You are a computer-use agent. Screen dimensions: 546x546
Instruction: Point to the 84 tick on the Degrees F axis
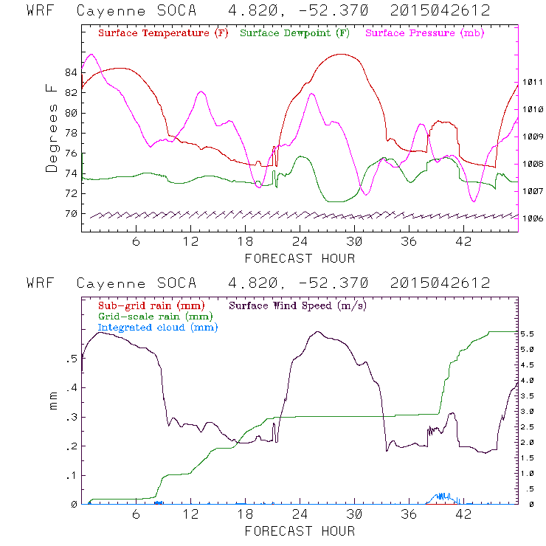pos(71,72)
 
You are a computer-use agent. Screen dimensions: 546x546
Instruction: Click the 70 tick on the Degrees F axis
pos(71,214)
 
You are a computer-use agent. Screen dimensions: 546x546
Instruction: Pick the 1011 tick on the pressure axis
pos(533,83)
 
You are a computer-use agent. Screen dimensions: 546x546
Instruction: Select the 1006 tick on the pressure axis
pos(533,218)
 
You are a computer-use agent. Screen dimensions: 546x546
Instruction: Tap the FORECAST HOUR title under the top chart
pos(300,258)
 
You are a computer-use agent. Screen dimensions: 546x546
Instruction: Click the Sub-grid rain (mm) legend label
pos(151,305)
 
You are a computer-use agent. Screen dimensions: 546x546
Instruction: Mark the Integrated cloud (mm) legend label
pos(159,327)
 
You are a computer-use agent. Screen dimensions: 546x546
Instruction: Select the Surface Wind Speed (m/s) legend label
pos(299,305)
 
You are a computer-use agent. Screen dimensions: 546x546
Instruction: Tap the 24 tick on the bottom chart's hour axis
pos(300,514)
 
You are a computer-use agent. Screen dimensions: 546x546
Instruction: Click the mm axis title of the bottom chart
pos(53,402)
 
